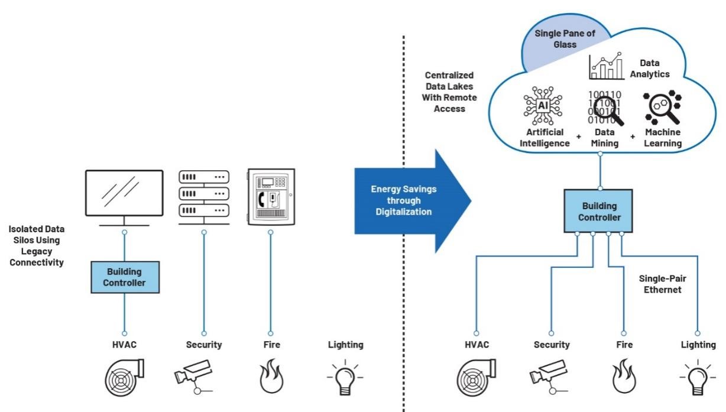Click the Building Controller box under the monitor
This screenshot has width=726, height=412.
[x=124, y=277]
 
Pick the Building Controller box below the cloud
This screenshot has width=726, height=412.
[x=599, y=211]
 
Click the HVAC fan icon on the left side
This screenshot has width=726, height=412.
[x=124, y=377]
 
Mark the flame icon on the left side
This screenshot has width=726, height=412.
[x=270, y=377]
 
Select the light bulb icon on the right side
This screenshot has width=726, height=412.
[x=698, y=377]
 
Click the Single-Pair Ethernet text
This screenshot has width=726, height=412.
[x=663, y=284]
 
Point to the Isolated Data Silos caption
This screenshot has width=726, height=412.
[x=37, y=245]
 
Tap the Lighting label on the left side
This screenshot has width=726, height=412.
[x=345, y=344]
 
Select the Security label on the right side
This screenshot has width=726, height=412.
[x=552, y=344]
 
